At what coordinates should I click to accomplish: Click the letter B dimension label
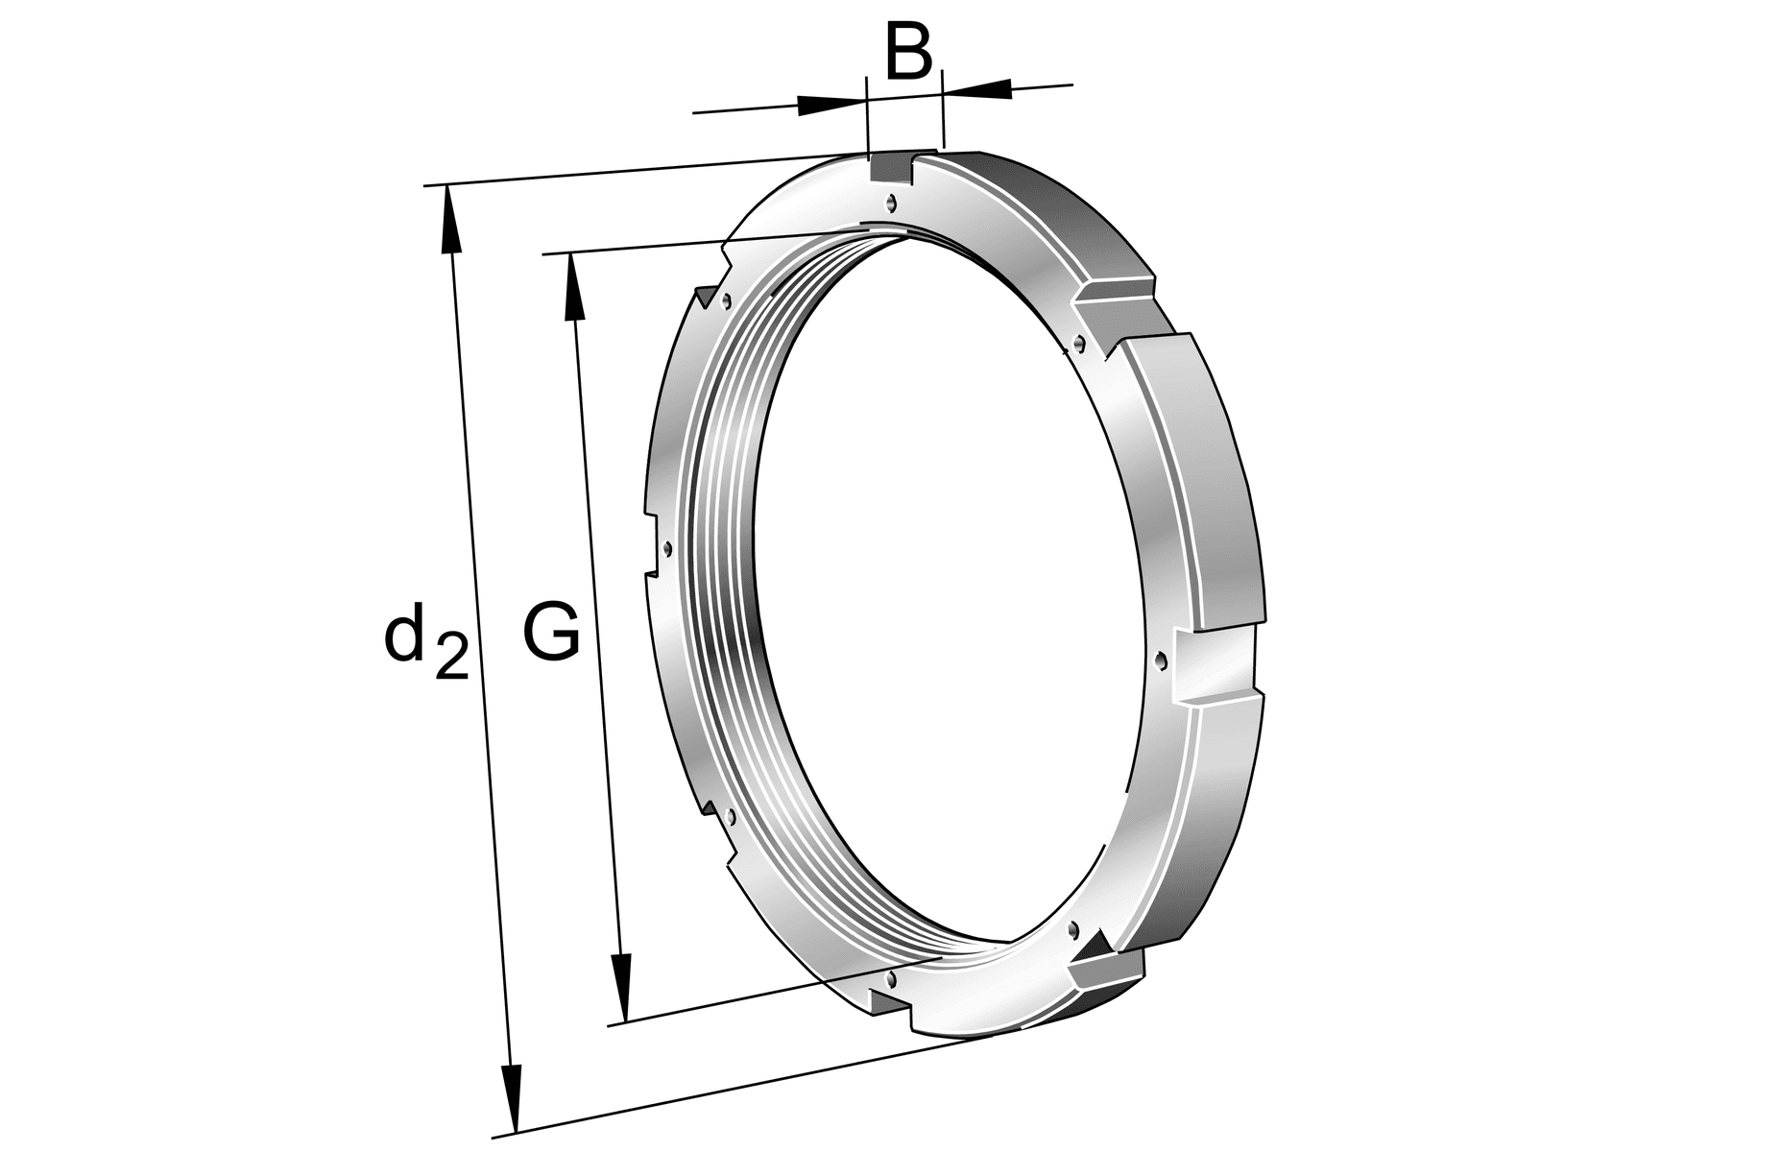point(907,55)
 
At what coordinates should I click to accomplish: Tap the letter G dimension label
point(551,633)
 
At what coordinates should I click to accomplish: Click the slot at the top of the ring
point(891,169)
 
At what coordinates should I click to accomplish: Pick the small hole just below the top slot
point(892,203)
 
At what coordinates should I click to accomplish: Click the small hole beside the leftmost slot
point(667,548)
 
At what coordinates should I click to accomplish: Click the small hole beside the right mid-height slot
point(1163,660)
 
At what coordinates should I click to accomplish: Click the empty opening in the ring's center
point(951,595)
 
